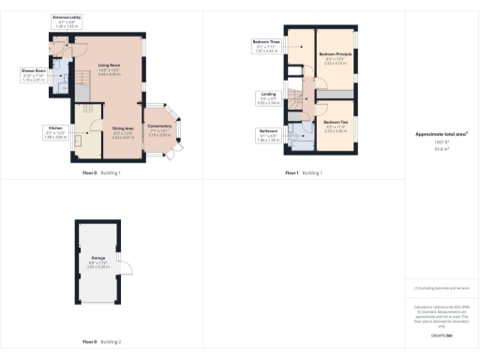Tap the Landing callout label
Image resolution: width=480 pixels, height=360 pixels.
pos(268,97)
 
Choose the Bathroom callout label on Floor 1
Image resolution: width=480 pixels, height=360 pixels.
pos(268,134)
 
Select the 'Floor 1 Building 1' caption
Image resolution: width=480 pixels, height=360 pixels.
pos(305,173)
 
